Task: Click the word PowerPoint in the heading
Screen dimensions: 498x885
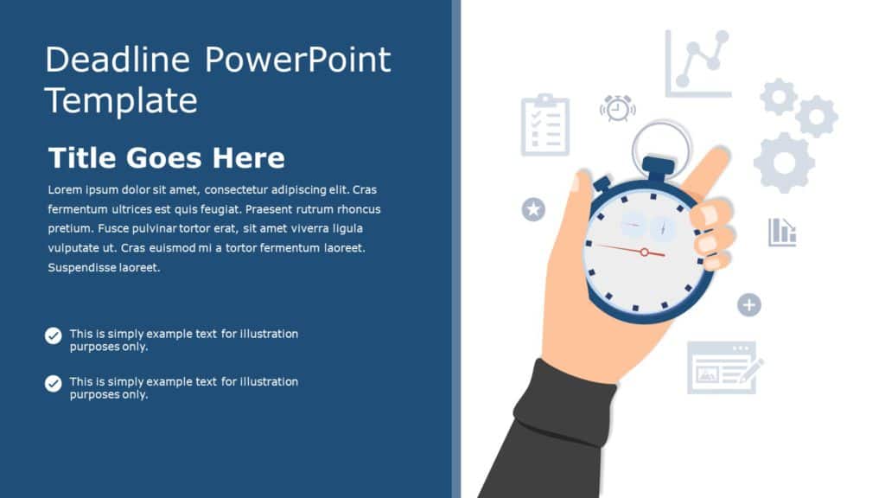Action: (297, 61)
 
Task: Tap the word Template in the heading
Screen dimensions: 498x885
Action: (121, 101)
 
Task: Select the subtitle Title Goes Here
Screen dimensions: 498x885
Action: (166, 158)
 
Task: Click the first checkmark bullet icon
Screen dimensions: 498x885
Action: (54, 335)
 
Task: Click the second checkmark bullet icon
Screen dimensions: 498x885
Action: (54, 383)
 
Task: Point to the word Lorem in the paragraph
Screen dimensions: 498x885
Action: (65, 189)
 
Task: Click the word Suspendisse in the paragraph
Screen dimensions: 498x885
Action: (87, 268)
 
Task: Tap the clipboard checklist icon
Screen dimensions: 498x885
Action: (545, 125)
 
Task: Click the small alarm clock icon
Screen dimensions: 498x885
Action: (617, 108)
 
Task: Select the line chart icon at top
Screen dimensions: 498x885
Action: (698, 64)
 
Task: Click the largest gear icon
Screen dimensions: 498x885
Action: (784, 162)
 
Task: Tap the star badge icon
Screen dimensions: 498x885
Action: (533, 209)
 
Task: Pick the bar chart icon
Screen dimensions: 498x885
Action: (782, 232)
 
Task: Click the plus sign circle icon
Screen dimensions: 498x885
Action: (748, 304)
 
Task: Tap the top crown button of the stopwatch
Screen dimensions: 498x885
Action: (659, 166)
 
